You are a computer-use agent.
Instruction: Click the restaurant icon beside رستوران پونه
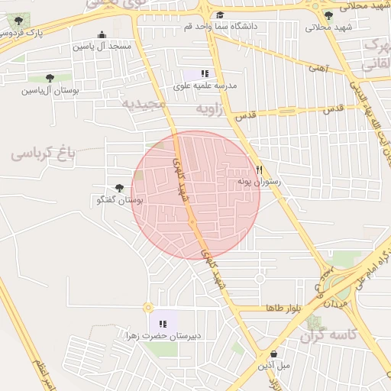tap(260, 170)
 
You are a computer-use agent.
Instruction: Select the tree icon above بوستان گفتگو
tap(119, 188)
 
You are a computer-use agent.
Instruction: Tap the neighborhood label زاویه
tap(210, 109)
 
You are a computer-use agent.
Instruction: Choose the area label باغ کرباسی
tap(44, 153)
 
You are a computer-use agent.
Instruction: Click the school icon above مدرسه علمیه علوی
tap(205, 74)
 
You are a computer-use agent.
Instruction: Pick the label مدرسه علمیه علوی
tap(205, 86)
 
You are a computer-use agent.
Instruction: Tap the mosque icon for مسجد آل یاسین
tap(102, 34)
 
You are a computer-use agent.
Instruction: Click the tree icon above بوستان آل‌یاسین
tap(50, 78)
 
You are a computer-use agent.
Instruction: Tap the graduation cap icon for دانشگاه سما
tap(221, 15)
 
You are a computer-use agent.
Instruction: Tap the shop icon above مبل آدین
tap(273, 354)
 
